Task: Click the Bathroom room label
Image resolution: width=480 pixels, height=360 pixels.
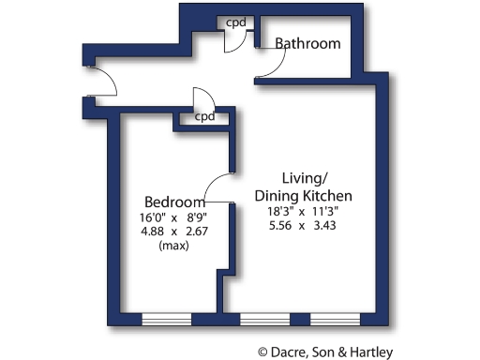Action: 307,44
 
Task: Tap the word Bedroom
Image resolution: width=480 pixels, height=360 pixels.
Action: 174,202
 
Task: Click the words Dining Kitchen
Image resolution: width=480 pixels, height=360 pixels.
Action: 303,195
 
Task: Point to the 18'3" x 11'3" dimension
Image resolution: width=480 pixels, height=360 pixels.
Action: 303,212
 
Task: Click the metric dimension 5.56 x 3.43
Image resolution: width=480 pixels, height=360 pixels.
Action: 303,227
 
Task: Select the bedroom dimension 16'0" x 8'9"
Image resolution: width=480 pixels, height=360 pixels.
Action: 173,218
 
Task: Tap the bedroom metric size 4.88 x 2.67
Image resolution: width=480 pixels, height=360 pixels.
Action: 173,232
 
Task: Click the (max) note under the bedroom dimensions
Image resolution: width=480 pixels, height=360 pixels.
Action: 173,247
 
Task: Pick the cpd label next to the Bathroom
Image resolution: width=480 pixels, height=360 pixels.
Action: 235,22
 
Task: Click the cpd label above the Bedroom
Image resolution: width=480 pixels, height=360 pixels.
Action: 205,118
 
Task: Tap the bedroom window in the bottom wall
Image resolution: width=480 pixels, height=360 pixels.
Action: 166,320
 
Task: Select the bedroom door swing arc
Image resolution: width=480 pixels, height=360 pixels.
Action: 217,187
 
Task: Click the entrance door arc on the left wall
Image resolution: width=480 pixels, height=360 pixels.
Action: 105,82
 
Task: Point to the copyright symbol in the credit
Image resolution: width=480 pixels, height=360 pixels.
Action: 264,352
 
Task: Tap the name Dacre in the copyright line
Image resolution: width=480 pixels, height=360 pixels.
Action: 291,352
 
